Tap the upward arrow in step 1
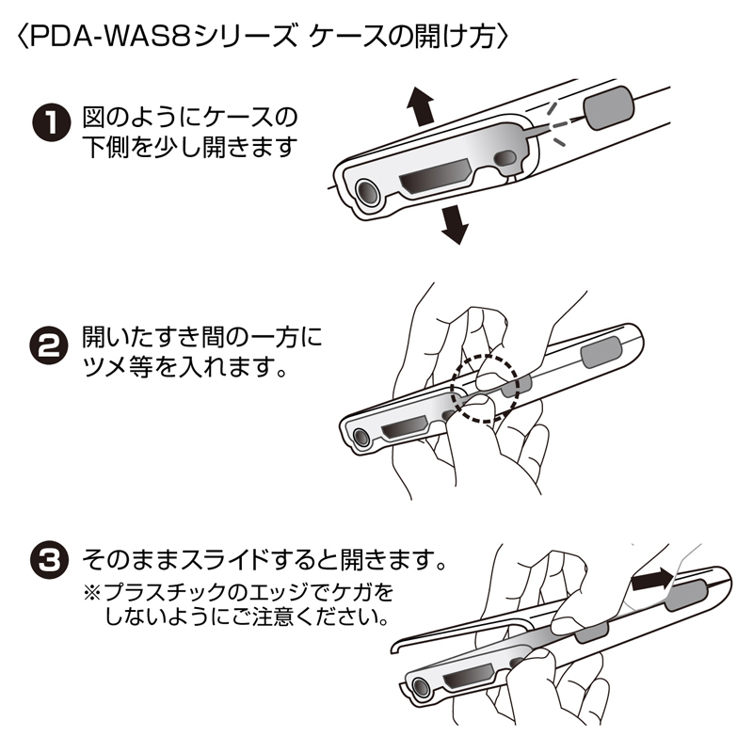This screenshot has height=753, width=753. pos(420,108)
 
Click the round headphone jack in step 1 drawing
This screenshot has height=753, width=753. pos(367,191)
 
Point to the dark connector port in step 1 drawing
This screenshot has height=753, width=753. pos(431,183)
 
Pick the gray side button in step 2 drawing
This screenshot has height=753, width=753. pos(599,354)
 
